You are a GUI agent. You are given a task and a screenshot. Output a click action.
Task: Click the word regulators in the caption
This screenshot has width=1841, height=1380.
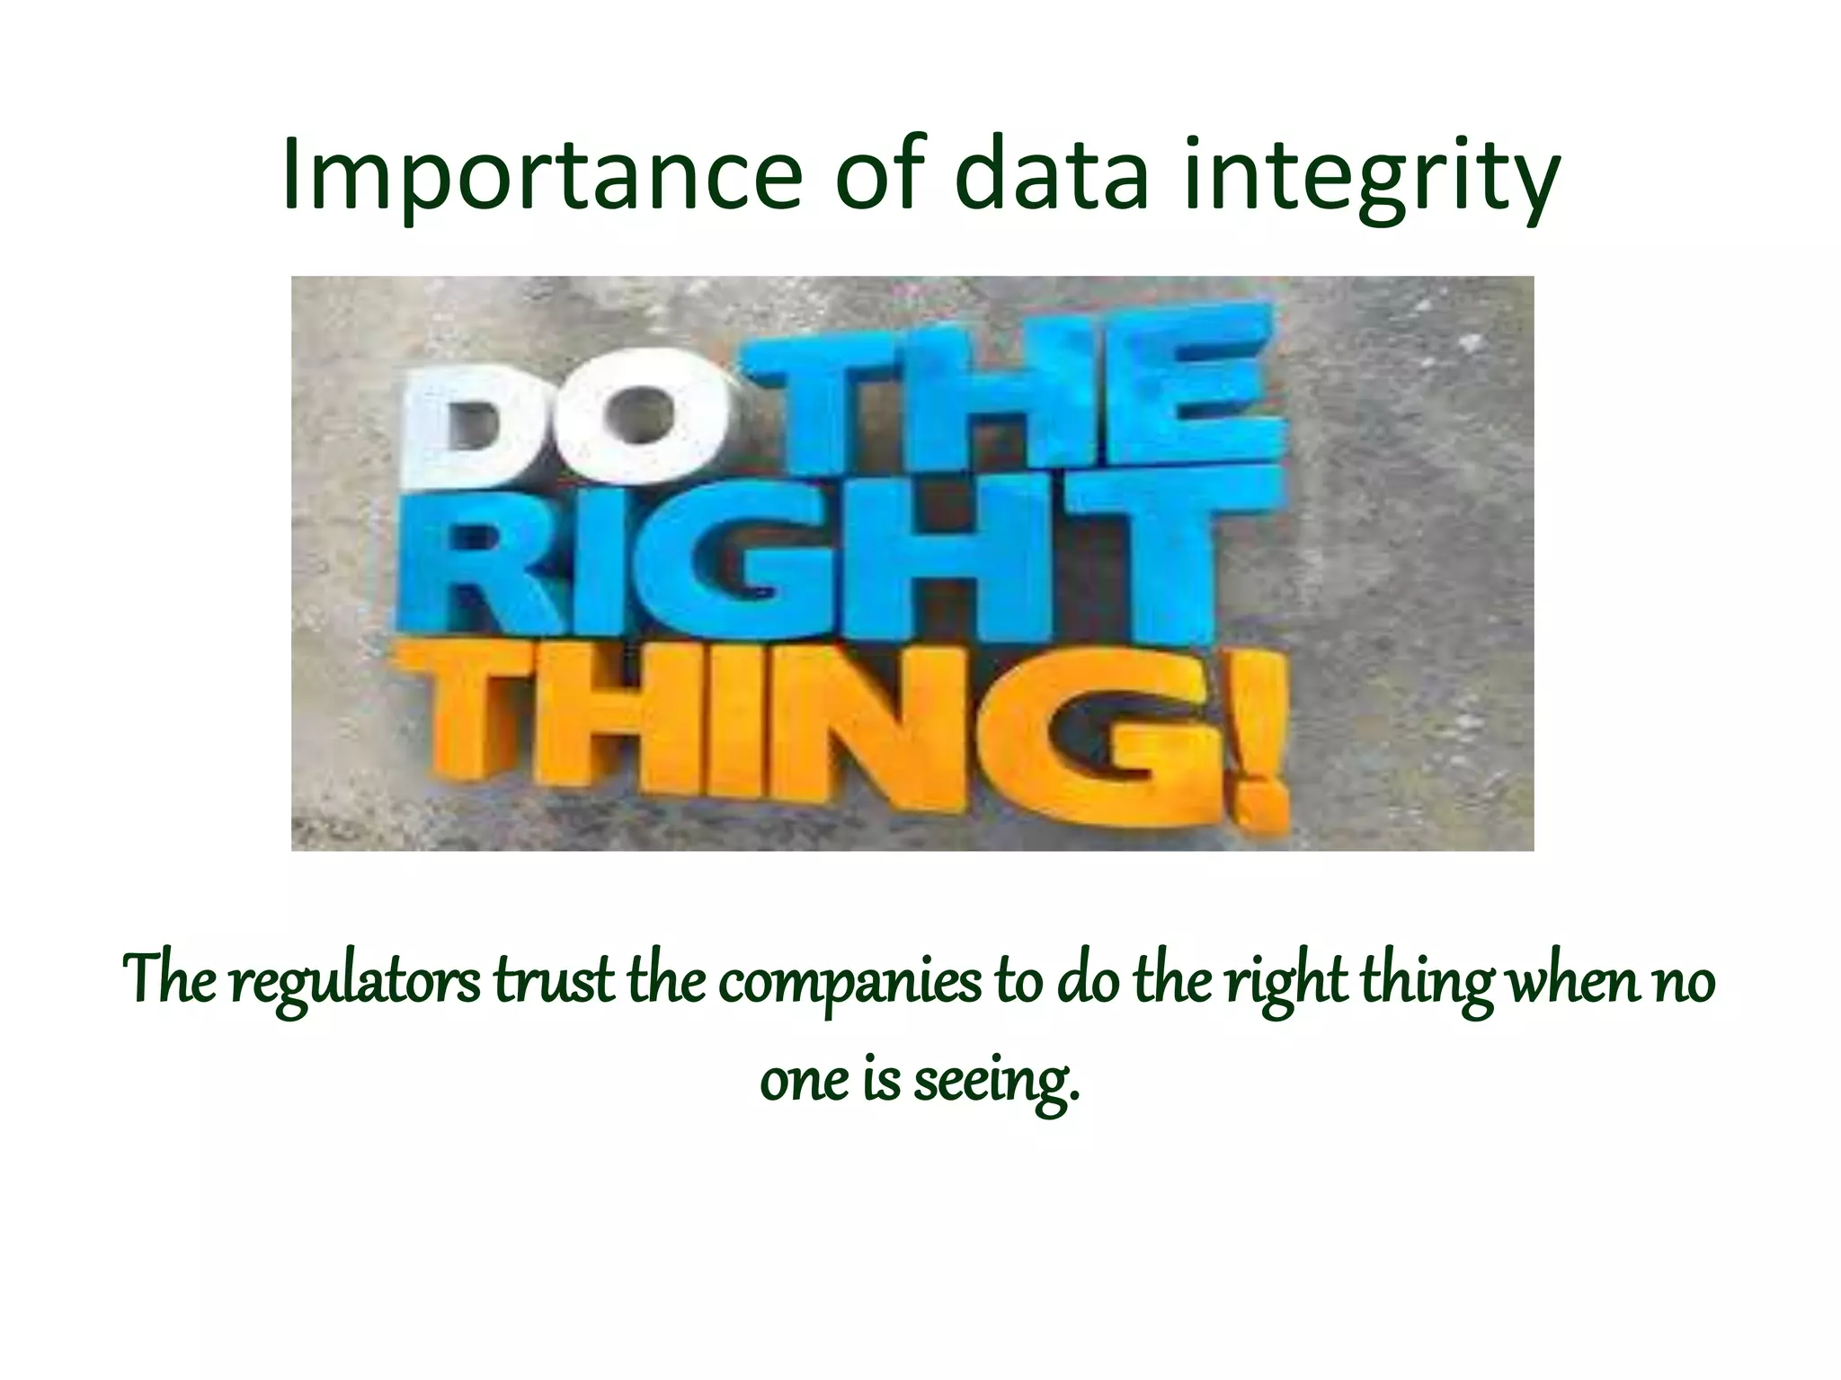click(354, 982)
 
